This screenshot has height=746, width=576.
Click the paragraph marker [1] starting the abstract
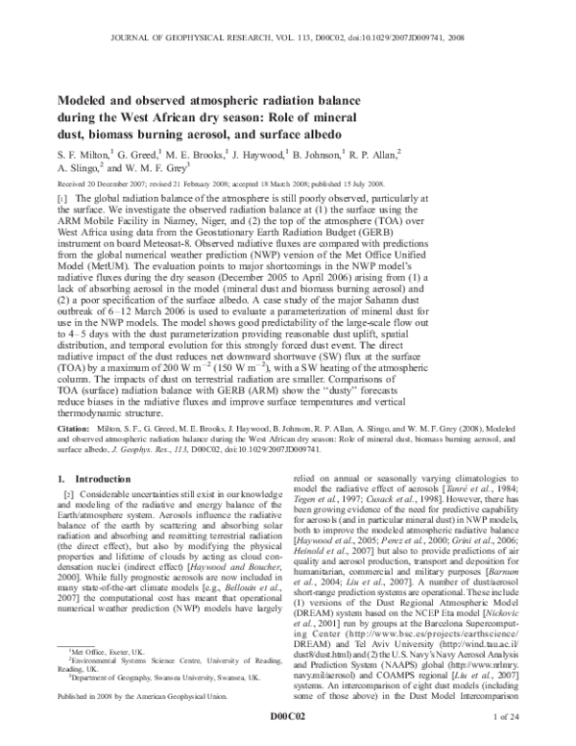63,195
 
